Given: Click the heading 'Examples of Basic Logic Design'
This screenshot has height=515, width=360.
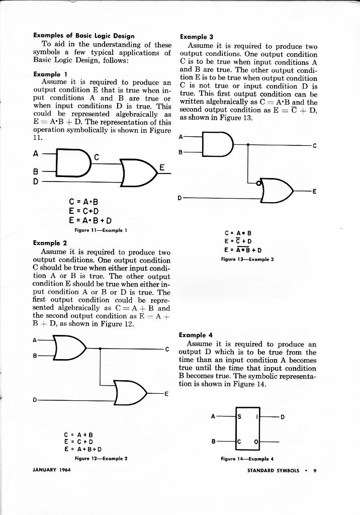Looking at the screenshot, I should [x=83, y=36].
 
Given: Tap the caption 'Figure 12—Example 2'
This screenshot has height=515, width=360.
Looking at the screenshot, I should [x=101, y=459].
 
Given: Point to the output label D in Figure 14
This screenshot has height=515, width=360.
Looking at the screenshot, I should [x=283, y=416].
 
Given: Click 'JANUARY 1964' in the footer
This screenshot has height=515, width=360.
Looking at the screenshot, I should [x=52, y=470].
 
